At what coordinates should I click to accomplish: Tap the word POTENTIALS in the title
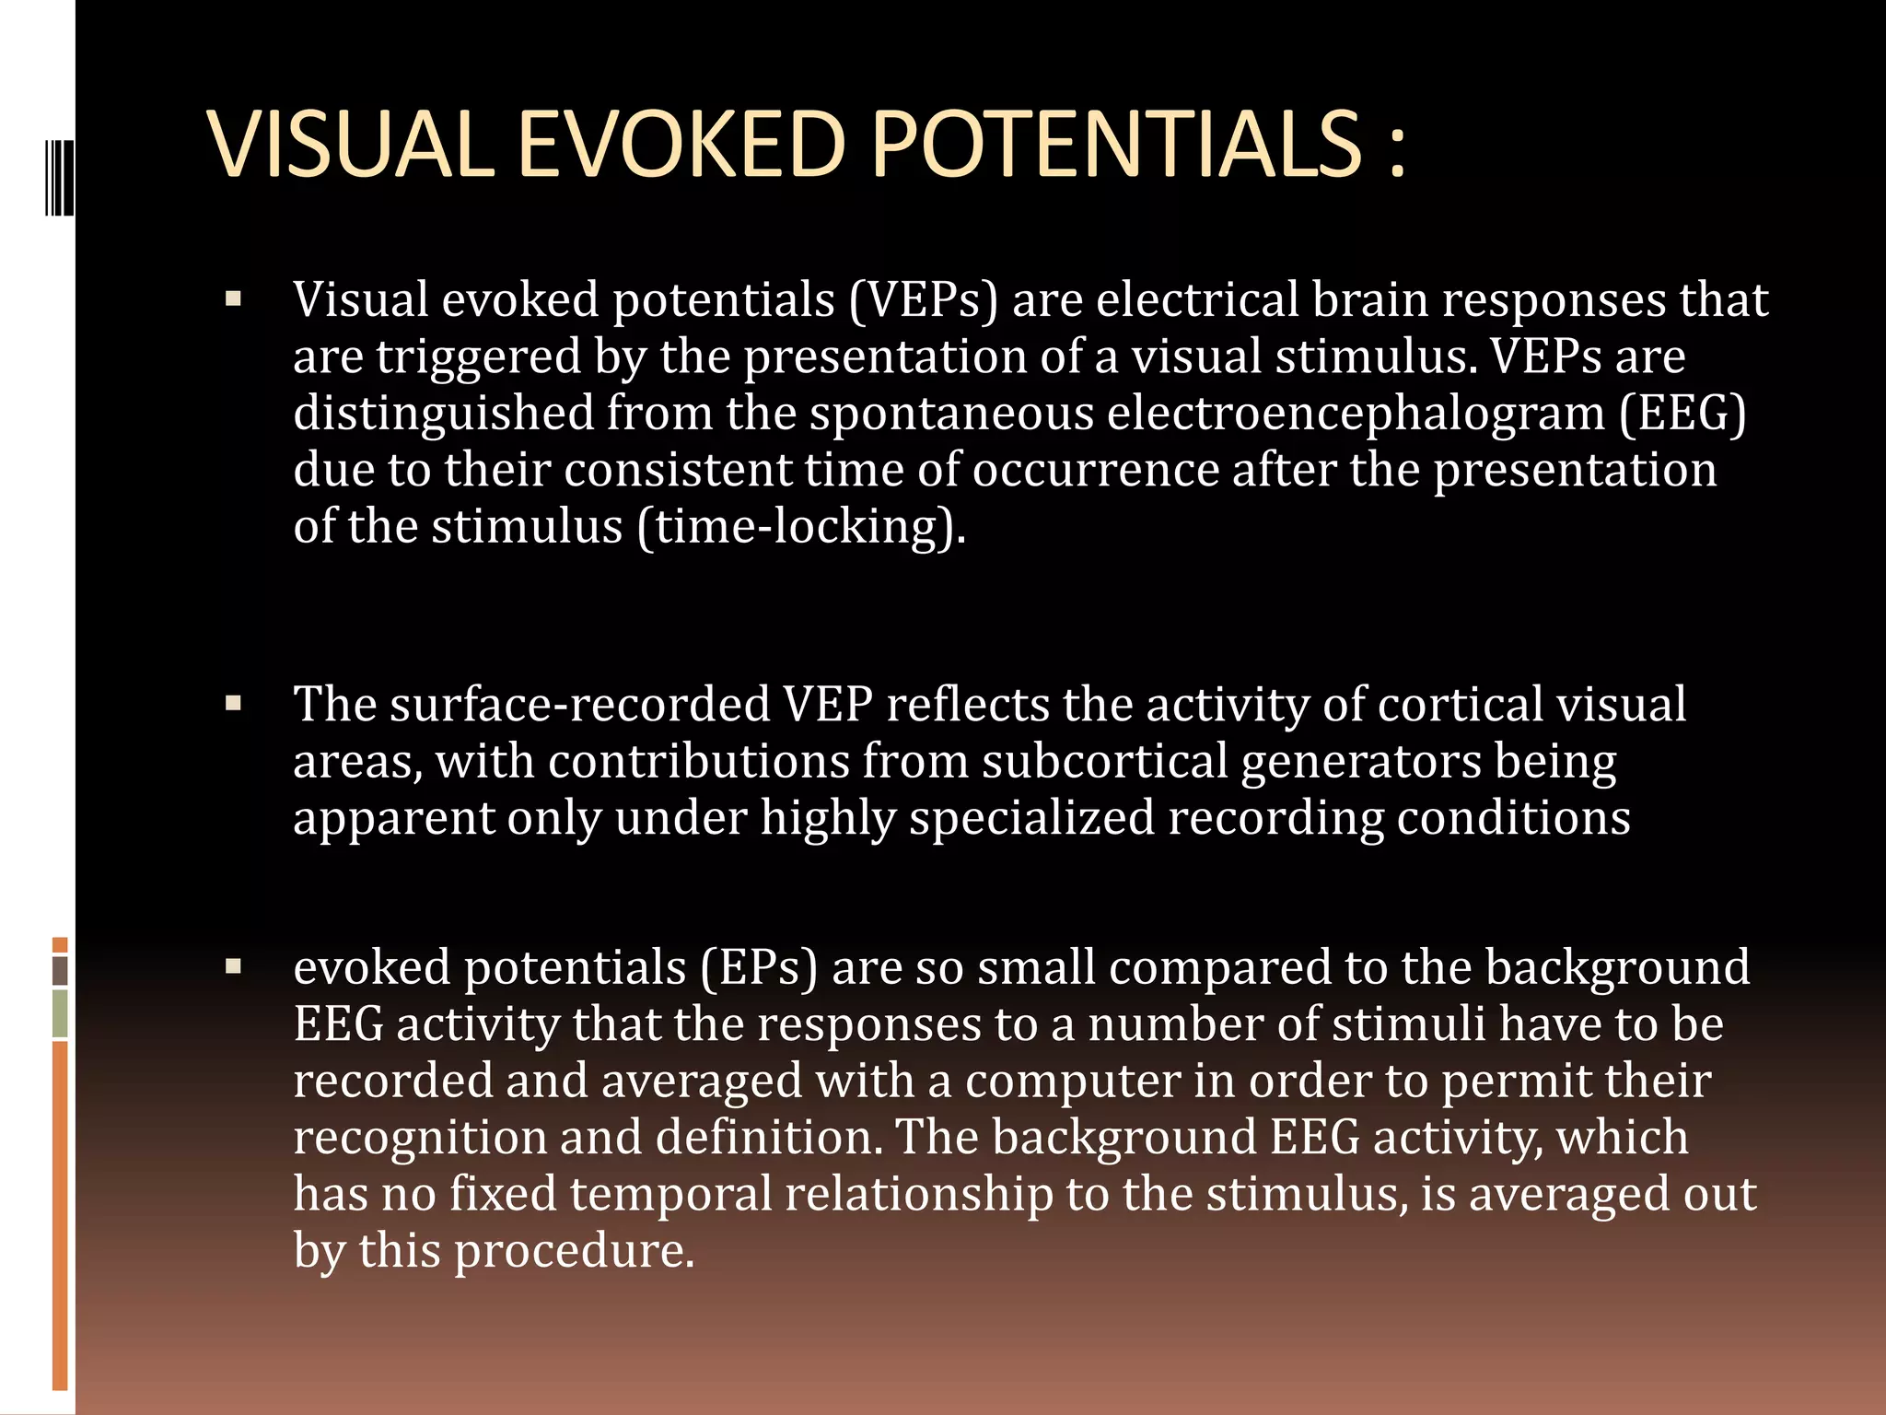1115,144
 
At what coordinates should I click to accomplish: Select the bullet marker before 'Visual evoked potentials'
233,299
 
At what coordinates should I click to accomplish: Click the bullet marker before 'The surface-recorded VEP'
233,704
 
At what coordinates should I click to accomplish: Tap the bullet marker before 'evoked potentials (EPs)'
233,967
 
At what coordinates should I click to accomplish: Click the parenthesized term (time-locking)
800,527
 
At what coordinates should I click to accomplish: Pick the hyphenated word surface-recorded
579,705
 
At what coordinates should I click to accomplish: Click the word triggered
478,358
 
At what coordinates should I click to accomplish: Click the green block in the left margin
60,1013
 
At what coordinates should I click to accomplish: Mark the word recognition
420,1139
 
